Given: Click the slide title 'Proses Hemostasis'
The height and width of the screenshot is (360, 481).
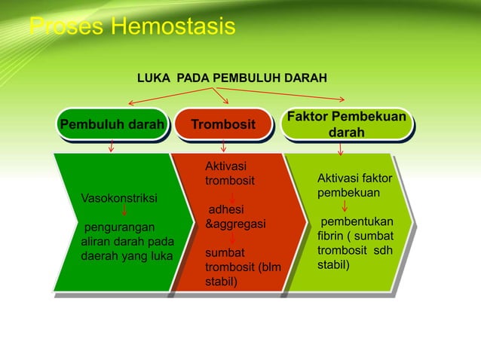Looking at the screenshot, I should pyautogui.click(x=132, y=28).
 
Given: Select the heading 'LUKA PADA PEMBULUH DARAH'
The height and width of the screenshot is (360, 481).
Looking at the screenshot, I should pyautogui.click(x=231, y=78).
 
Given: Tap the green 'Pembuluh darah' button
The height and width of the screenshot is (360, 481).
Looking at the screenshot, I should pyautogui.click(x=112, y=124).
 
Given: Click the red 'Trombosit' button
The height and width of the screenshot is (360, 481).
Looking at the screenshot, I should pyautogui.click(x=222, y=124).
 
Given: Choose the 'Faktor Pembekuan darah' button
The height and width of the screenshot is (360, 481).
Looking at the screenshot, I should pyautogui.click(x=346, y=125).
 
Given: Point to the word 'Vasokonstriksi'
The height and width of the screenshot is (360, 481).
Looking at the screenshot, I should pyautogui.click(x=118, y=198).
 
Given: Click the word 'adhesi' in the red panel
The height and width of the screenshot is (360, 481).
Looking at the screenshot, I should pyautogui.click(x=225, y=210).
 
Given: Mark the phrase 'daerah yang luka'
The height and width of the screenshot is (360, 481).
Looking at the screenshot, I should pyautogui.click(x=126, y=255).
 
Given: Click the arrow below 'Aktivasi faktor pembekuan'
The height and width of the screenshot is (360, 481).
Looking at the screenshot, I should pyautogui.click(x=345, y=205).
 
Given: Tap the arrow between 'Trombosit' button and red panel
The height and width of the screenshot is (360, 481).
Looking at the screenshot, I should pyautogui.click(x=224, y=147).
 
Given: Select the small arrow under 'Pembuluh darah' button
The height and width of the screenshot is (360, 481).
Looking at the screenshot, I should pyautogui.click(x=112, y=147).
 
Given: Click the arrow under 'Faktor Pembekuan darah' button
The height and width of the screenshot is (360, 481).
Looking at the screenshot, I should pyautogui.click(x=342, y=148).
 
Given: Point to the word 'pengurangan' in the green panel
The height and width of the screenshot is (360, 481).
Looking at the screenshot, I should pyautogui.click(x=119, y=227).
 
